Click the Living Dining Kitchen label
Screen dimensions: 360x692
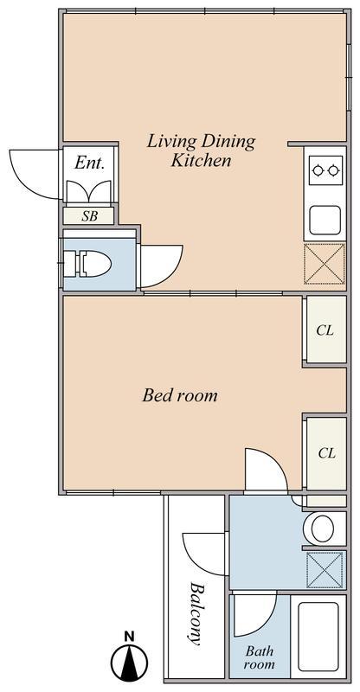201,151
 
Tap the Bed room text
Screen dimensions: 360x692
180,395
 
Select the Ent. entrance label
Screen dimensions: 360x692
90,163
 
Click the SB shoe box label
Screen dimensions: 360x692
90,216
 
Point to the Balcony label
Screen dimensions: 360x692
195,613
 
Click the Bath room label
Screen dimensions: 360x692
260,657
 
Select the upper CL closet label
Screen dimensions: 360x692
325,330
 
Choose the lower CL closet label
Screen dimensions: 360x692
327,452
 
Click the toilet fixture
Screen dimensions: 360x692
87,265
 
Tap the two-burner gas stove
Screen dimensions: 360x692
326,170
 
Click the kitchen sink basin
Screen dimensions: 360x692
325,221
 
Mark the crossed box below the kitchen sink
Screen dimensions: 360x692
325,264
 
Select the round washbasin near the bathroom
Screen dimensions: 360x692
325,529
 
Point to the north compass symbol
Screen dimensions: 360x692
130,663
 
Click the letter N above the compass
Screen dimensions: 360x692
129,636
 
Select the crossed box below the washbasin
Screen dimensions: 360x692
325,570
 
